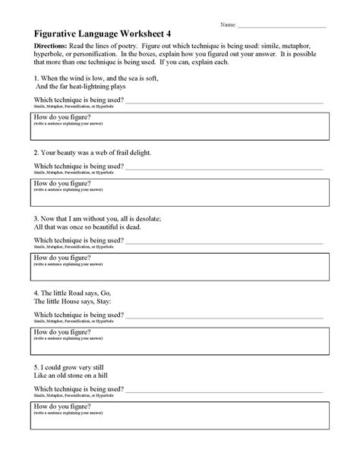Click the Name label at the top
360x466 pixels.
coord(228,25)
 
